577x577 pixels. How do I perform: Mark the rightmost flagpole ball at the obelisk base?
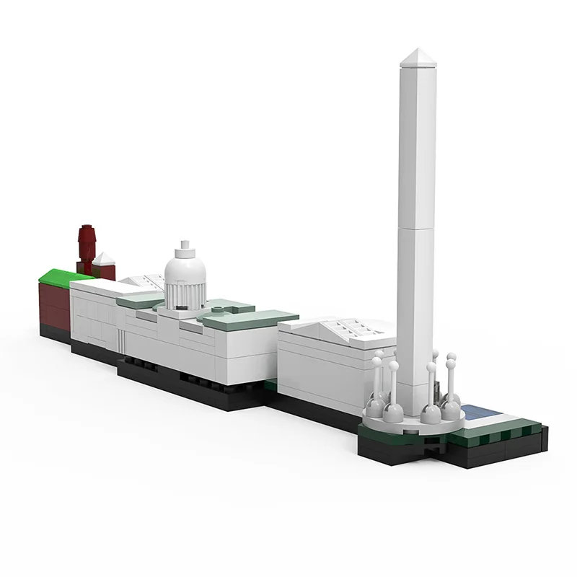[452, 358]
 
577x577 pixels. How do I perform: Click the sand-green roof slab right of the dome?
[252, 318]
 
